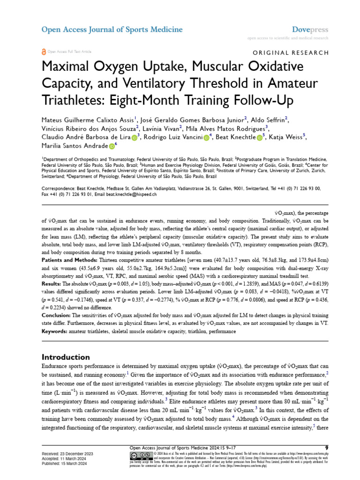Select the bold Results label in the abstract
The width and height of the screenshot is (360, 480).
[x=52, y=285]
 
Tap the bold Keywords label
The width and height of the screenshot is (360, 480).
[x=54, y=332]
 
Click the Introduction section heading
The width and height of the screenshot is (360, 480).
[x=66, y=357]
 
